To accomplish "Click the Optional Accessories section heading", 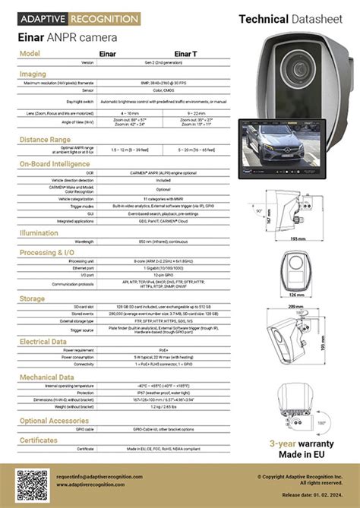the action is pyautogui.click(x=54, y=419).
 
